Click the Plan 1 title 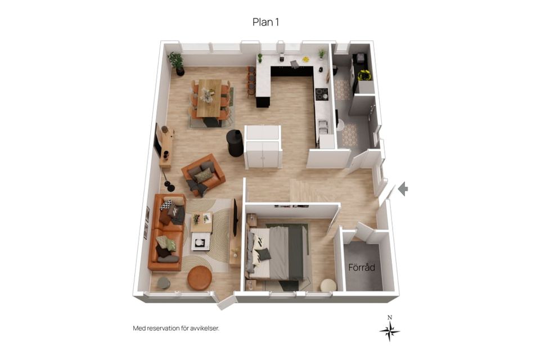click(265, 22)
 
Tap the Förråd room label click(362, 267)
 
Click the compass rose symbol click(389, 329)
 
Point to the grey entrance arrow click(403, 189)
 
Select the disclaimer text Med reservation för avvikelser click(176, 328)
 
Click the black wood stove click(235, 143)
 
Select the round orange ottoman click(199, 278)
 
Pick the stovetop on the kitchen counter click(322, 94)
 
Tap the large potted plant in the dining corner click(177, 64)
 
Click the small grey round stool click(164, 283)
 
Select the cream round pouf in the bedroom click(328, 286)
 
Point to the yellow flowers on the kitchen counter click(305, 59)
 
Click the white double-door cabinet click(263, 147)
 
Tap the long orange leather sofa click(167, 232)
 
